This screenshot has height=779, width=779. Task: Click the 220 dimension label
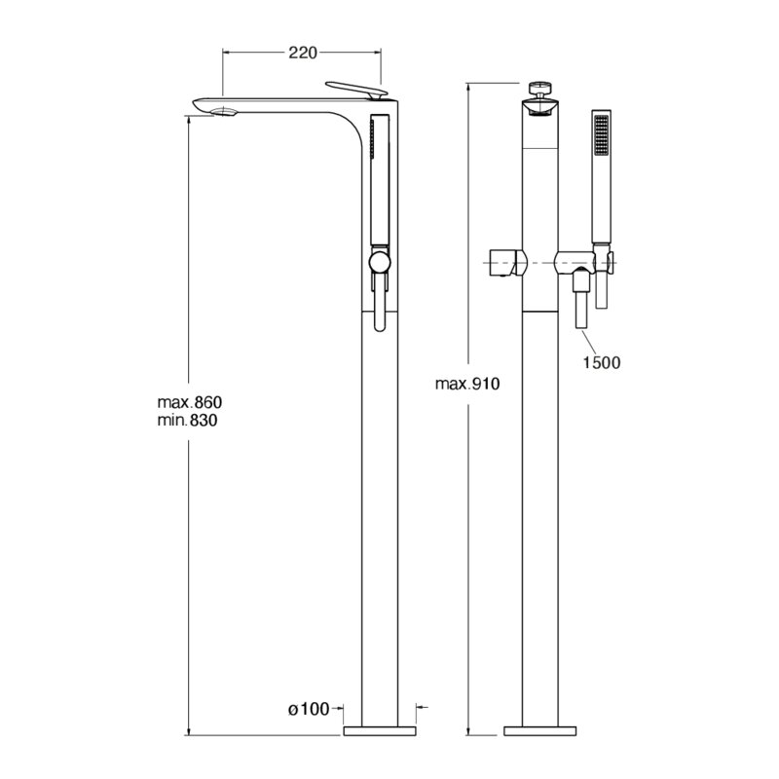[x=303, y=53]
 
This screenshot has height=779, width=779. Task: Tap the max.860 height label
[x=189, y=401]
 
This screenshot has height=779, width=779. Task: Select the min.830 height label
[x=187, y=421]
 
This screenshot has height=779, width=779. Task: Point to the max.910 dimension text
[x=467, y=384]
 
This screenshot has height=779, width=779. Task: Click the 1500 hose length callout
[x=602, y=362]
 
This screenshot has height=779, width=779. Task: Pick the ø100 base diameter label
[x=309, y=710]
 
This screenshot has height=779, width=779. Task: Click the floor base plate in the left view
[x=380, y=731]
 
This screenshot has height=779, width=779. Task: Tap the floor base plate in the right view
[x=540, y=731]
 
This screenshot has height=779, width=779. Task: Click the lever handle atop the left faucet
[x=356, y=90]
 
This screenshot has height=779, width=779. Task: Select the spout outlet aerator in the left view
[x=226, y=112]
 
